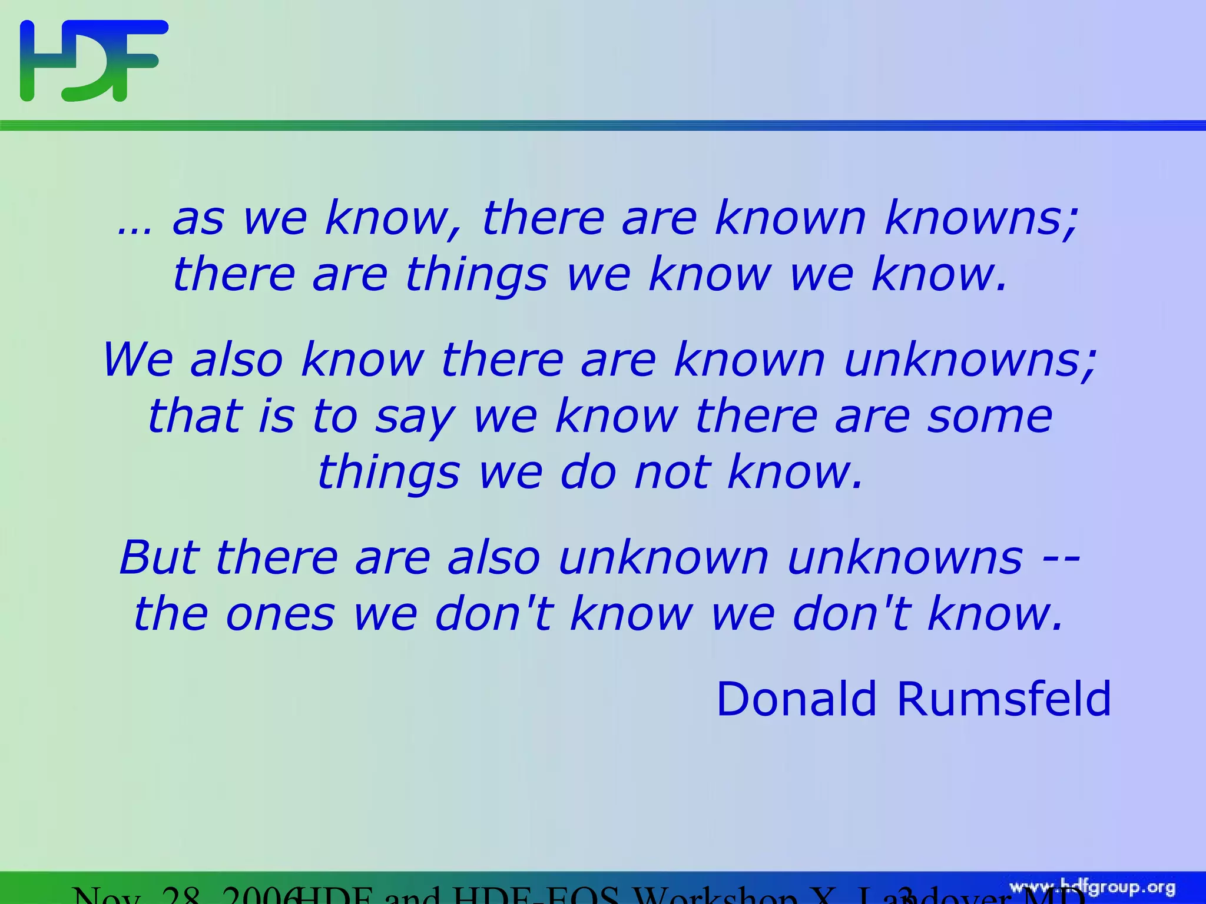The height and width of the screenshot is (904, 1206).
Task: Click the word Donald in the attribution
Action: pos(796,699)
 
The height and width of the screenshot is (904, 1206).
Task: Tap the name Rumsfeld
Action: pos(1003,699)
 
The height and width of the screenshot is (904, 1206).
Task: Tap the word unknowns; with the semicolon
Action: pos(970,360)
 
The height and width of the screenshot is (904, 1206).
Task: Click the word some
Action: pos(990,417)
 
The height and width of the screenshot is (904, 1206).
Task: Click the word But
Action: pos(159,558)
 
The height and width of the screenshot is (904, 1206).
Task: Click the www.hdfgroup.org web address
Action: pos(1092,888)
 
